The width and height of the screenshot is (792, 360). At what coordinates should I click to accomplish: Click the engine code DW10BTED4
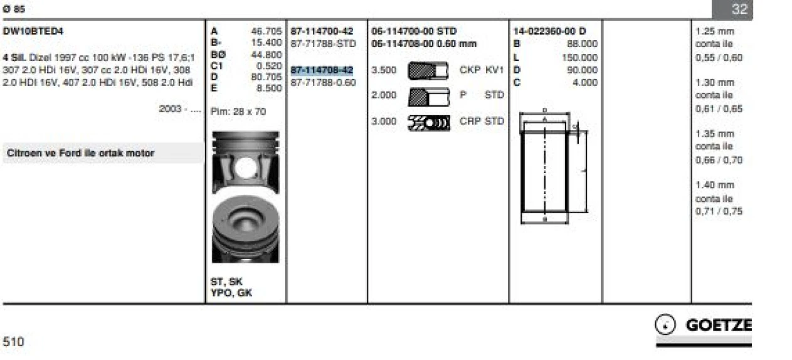coord(33,31)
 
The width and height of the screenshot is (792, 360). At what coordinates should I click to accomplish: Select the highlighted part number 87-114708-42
coord(322,70)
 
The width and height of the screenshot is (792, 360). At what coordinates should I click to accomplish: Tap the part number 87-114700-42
coord(322,31)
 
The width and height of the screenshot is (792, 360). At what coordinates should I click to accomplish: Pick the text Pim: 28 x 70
coord(238,111)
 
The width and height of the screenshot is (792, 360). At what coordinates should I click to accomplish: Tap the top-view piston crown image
coord(245,228)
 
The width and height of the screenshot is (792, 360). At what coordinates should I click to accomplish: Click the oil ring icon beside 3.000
coord(428,122)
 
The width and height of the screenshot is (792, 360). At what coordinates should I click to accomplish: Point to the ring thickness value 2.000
coord(384,96)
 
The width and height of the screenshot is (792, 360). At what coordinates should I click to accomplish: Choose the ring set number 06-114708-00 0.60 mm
coord(424,44)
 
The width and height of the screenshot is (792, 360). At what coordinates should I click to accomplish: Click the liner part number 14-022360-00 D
coord(549,31)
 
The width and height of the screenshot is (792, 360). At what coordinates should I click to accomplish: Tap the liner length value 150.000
coord(580,57)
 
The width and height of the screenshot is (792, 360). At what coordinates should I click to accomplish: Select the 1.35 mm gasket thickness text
coord(714,134)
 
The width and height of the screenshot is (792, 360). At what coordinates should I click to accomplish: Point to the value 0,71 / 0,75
coord(719,211)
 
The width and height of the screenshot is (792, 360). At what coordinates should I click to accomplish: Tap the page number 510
coord(13,342)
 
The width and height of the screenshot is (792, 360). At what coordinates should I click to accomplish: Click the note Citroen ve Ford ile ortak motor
coord(80,153)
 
